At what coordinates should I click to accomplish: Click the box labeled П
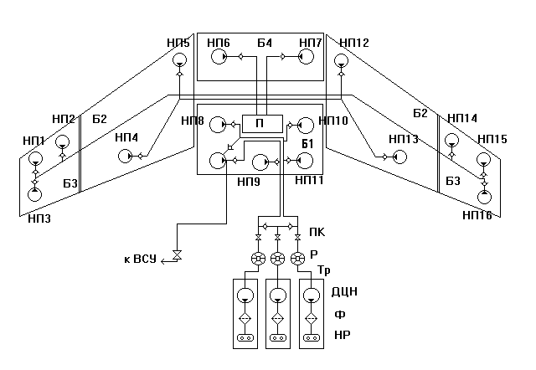click(x=260, y=123)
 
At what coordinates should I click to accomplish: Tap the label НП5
click(x=178, y=43)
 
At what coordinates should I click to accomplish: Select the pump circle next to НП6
click(x=219, y=58)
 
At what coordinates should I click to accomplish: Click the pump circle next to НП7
click(x=305, y=58)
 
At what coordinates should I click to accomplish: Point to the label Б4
click(x=265, y=42)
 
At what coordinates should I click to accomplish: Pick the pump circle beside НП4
click(x=125, y=156)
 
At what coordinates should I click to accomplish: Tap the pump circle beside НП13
click(x=399, y=157)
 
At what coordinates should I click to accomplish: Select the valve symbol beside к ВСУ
click(x=176, y=255)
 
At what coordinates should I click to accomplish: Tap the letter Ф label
click(x=339, y=315)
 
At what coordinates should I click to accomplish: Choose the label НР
click(x=342, y=337)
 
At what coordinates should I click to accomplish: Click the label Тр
click(x=325, y=270)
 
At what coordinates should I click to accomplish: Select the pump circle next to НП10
click(x=305, y=125)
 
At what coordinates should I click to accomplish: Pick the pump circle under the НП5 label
click(x=178, y=61)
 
